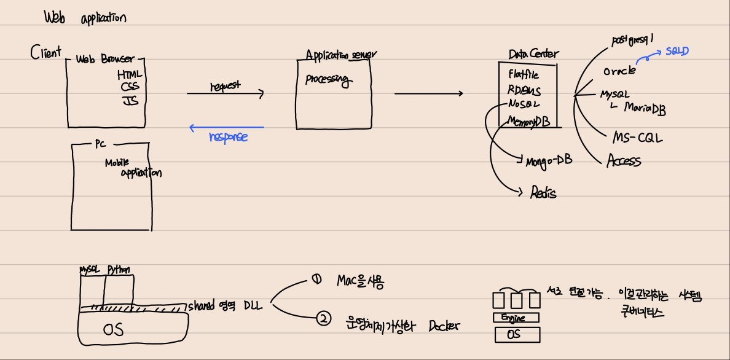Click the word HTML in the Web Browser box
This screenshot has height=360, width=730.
130,74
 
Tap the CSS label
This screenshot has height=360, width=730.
130,87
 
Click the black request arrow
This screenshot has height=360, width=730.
225,94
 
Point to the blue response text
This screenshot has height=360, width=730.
228,136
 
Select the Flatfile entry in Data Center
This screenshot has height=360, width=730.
524,74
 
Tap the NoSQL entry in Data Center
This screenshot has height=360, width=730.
524,104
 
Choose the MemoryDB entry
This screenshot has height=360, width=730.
529,122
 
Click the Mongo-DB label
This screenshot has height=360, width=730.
549,162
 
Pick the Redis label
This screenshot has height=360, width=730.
543,193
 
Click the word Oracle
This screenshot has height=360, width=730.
619,71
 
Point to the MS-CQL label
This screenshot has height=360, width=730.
638,138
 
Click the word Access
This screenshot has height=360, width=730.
624,162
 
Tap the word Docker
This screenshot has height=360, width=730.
444,326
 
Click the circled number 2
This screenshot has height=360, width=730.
323,318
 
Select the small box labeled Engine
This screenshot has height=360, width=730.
517,318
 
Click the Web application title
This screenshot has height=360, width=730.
85,17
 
